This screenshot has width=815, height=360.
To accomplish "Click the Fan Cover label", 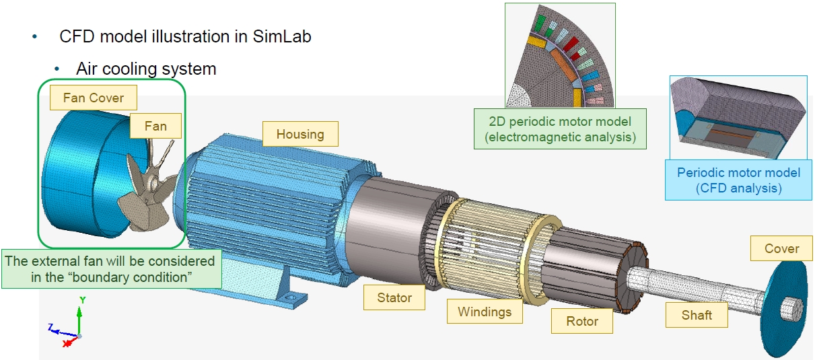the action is click(x=94, y=98).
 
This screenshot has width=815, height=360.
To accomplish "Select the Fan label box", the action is click(x=155, y=126).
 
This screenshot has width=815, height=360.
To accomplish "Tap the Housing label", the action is click(x=300, y=134).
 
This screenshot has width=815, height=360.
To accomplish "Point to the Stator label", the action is click(x=394, y=297).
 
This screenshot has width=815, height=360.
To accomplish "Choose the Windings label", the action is click(x=485, y=312).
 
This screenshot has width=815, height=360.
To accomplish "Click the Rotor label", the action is click(x=581, y=321).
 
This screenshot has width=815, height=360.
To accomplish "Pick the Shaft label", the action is click(x=697, y=315).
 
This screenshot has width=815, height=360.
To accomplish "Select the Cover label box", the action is click(x=781, y=248).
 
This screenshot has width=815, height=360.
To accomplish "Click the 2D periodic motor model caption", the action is click(x=560, y=129).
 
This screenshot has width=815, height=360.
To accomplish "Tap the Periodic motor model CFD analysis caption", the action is click(x=738, y=180).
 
